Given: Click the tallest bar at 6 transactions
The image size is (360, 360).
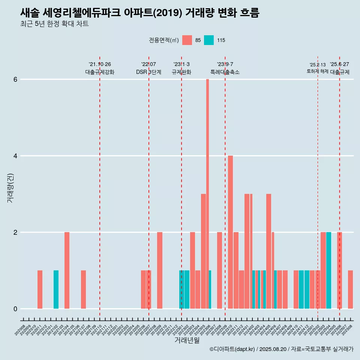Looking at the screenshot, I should tap(207, 194).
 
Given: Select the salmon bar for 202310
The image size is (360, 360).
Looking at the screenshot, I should tap(230, 232).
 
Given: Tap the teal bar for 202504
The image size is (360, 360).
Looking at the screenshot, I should tap(328, 270).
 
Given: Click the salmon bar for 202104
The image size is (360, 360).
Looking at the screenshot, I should tap(67, 270).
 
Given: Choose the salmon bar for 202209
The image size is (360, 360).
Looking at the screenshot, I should tap(160, 270).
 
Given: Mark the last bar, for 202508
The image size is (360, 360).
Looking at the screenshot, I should tap(350, 289).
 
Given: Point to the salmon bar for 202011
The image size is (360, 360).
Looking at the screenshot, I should tap(40, 289).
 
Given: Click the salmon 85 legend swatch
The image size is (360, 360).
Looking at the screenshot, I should tap(187, 40).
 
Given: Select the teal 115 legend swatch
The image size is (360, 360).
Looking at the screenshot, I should tap(209, 40).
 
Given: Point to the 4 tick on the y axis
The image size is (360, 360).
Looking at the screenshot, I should tap(15, 156).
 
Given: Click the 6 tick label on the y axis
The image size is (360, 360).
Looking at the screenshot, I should tap(15, 79).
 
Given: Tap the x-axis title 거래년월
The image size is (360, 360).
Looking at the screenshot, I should tap(187, 340).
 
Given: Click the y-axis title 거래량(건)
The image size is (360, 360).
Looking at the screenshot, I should tap(10, 187).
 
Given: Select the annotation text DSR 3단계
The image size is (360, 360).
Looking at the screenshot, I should tap(148, 72).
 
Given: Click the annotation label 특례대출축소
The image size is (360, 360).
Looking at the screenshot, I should tap(225, 72).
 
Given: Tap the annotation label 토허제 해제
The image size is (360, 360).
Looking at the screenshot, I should tap(318, 71).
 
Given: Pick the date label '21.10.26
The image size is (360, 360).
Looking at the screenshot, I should tap(100, 64).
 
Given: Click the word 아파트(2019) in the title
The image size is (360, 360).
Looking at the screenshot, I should tap(153, 13).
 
